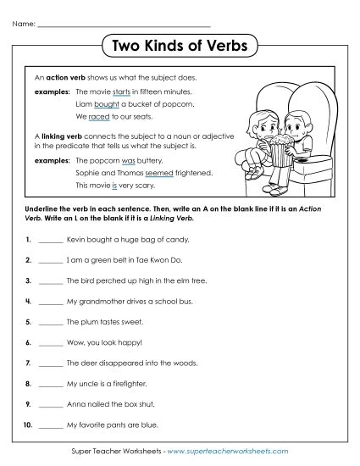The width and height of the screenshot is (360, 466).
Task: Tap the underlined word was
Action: coord(129,158)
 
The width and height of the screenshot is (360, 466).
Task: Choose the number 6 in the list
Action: coord(28,342)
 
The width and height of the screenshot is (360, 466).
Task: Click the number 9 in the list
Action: coord(28,403)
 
